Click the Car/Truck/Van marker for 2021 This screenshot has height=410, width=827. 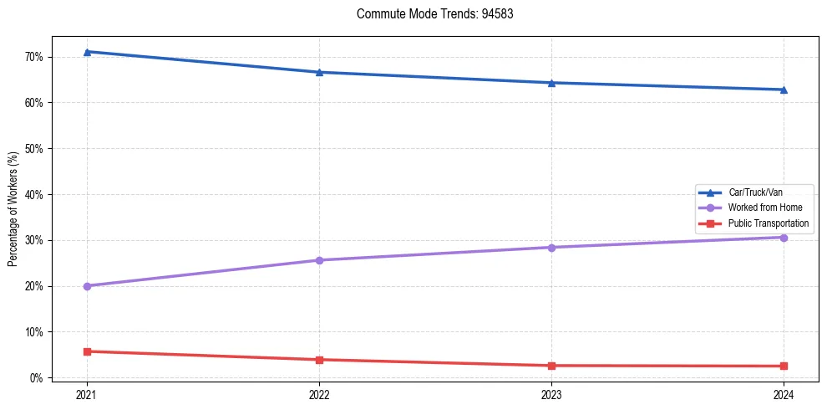tap(87, 52)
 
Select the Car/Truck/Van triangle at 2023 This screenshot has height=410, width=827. tap(551, 83)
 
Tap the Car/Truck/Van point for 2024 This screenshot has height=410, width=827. tap(784, 90)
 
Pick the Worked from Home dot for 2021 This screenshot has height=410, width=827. tap(87, 286)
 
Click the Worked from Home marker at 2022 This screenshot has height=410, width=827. tap(319, 260)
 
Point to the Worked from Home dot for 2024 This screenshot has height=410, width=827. tap(784, 238)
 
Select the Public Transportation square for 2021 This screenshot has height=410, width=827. tap(87, 351)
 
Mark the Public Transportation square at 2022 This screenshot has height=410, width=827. tap(319, 360)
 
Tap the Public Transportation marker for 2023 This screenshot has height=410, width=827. tap(551, 366)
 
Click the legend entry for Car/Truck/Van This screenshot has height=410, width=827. tap(755, 192)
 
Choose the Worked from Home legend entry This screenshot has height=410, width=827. tap(764, 208)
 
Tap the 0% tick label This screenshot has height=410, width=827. tap(37, 378)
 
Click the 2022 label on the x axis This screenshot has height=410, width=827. tap(319, 394)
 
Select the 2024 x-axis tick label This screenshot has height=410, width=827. tap(784, 394)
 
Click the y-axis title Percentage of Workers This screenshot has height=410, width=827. tap(13, 209)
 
